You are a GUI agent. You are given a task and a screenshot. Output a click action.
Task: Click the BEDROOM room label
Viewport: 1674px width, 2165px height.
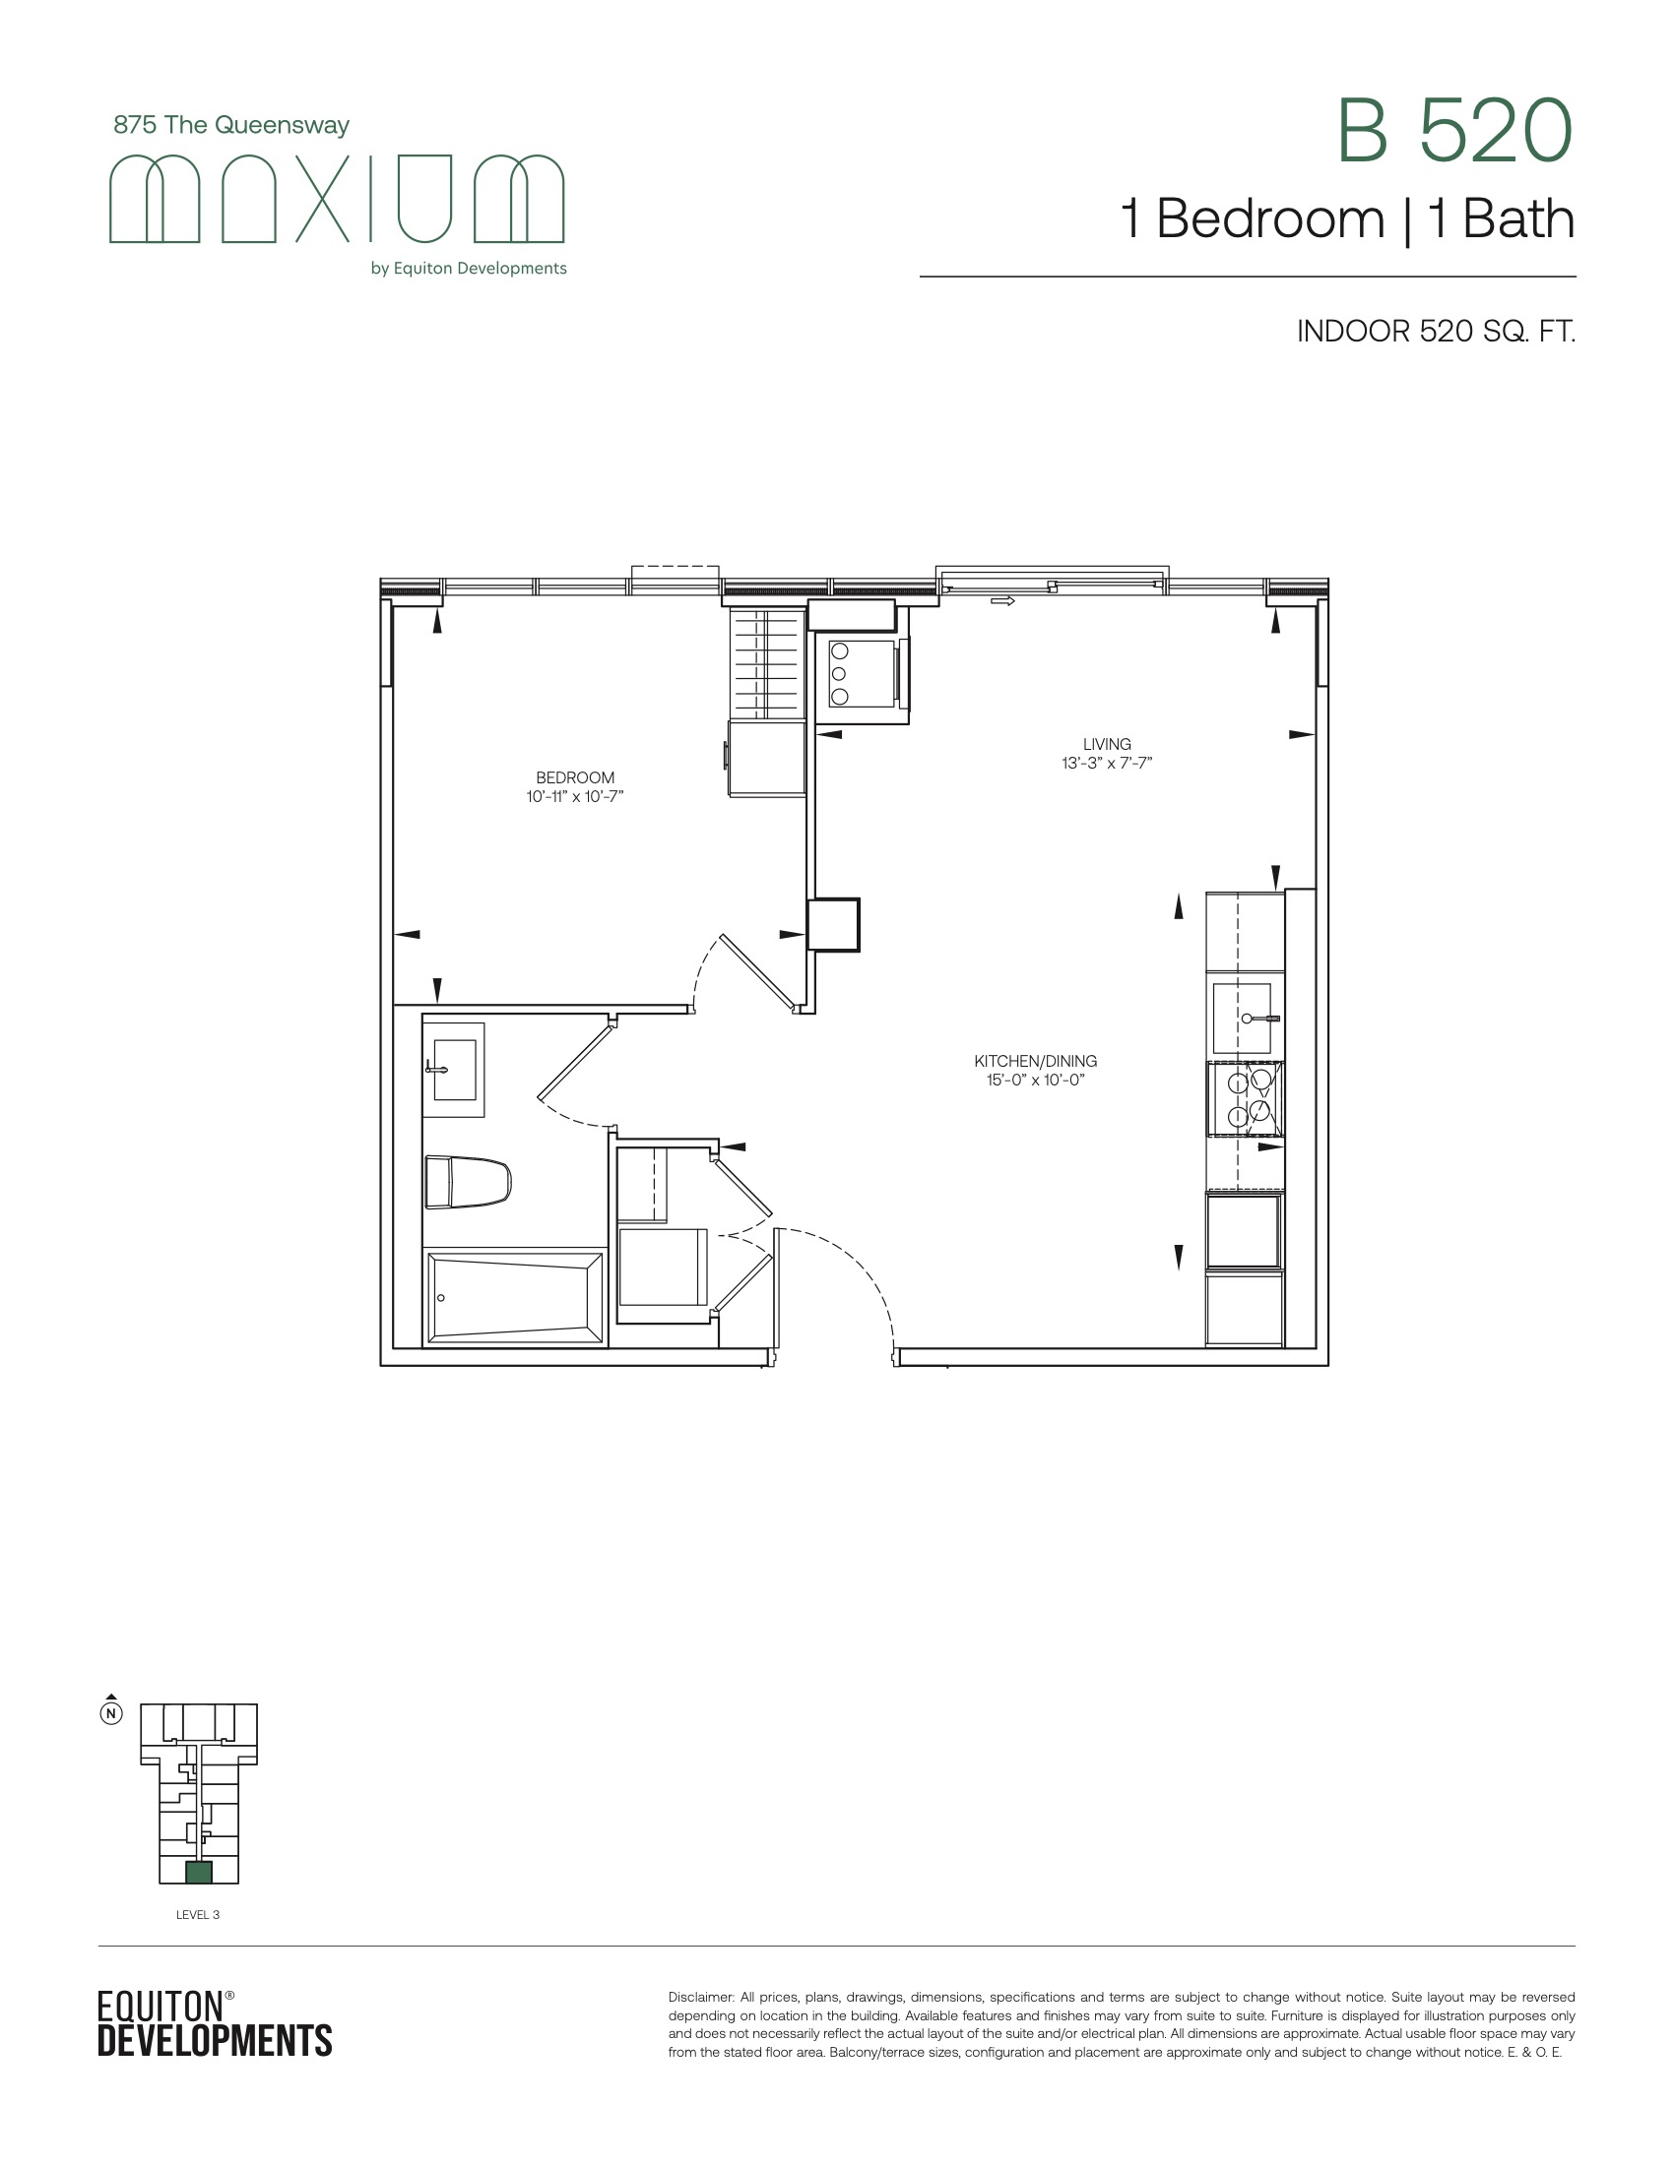(x=575, y=777)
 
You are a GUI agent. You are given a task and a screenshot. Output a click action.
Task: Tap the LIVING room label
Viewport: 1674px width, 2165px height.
(x=1107, y=743)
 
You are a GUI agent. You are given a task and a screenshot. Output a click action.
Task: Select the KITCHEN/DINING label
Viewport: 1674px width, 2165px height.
(x=1035, y=1061)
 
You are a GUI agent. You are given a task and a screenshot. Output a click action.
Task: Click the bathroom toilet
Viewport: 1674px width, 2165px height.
(x=467, y=1182)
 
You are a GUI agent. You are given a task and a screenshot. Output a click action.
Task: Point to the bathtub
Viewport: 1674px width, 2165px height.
(x=515, y=1298)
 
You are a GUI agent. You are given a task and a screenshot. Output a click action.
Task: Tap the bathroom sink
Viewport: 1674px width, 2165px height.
(x=454, y=1070)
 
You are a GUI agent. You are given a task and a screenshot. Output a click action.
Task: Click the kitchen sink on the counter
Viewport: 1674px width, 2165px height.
(x=1243, y=1019)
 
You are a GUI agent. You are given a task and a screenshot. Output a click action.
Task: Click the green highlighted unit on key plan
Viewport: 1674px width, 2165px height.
(x=198, y=1873)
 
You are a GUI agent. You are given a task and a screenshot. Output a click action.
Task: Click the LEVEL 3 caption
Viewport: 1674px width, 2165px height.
(x=197, y=1914)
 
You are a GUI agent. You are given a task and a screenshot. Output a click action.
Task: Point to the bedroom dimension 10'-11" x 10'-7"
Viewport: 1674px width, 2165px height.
(x=575, y=796)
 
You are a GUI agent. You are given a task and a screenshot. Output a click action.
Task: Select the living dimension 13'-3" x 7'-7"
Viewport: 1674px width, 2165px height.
(x=1107, y=763)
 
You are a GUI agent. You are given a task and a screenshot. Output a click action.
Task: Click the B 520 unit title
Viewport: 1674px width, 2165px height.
(x=1454, y=131)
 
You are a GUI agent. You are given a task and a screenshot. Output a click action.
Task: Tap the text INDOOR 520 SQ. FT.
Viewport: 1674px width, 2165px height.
(x=1436, y=331)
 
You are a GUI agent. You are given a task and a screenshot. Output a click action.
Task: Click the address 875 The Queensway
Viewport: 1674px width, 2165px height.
(x=231, y=125)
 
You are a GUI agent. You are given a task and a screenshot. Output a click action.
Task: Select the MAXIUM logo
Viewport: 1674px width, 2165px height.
(x=336, y=198)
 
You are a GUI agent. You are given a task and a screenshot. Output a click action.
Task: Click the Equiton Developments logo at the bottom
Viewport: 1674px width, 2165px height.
(x=215, y=2025)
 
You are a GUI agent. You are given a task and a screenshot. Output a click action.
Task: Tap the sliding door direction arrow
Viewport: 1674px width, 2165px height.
(x=1002, y=600)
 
